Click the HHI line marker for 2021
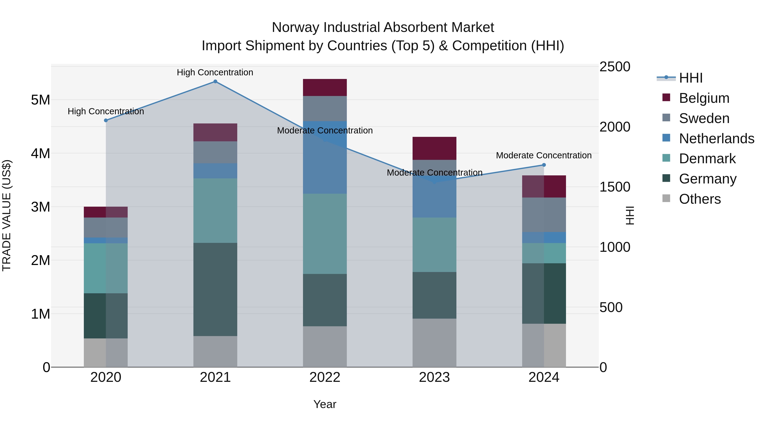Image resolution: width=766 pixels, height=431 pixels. (215, 82)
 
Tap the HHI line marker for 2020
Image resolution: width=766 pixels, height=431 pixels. (106, 120)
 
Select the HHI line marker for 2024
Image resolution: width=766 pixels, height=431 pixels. (544, 165)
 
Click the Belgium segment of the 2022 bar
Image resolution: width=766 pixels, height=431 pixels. (325, 87)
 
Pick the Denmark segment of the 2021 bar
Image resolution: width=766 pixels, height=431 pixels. (215, 210)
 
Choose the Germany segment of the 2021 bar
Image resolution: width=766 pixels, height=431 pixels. (215, 289)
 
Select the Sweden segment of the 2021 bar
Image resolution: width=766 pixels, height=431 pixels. (215, 152)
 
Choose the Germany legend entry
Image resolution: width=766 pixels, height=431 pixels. (708, 179)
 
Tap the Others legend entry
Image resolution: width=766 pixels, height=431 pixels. (700, 199)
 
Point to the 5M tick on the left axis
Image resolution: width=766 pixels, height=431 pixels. (40, 100)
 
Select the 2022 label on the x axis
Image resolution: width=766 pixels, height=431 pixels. (325, 377)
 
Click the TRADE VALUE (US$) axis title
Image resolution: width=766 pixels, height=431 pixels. (7, 215)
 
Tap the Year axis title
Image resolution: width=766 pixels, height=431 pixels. (325, 404)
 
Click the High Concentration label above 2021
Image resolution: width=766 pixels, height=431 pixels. (215, 72)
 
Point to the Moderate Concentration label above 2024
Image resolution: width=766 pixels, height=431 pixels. (544, 155)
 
